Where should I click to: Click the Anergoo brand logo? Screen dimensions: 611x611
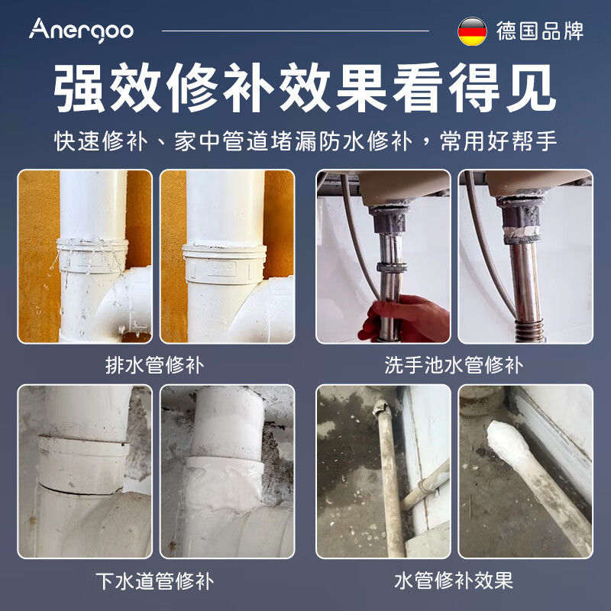click(81, 30)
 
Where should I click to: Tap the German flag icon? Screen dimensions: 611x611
click(472, 31)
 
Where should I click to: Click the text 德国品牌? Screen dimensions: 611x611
click(539, 31)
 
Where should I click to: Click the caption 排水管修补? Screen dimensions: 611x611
click(155, 364)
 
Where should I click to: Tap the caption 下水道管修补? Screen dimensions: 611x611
click(155, 580)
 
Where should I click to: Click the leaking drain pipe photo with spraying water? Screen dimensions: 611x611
click(85, 257)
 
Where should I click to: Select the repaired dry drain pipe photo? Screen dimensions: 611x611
click(227, 257)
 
